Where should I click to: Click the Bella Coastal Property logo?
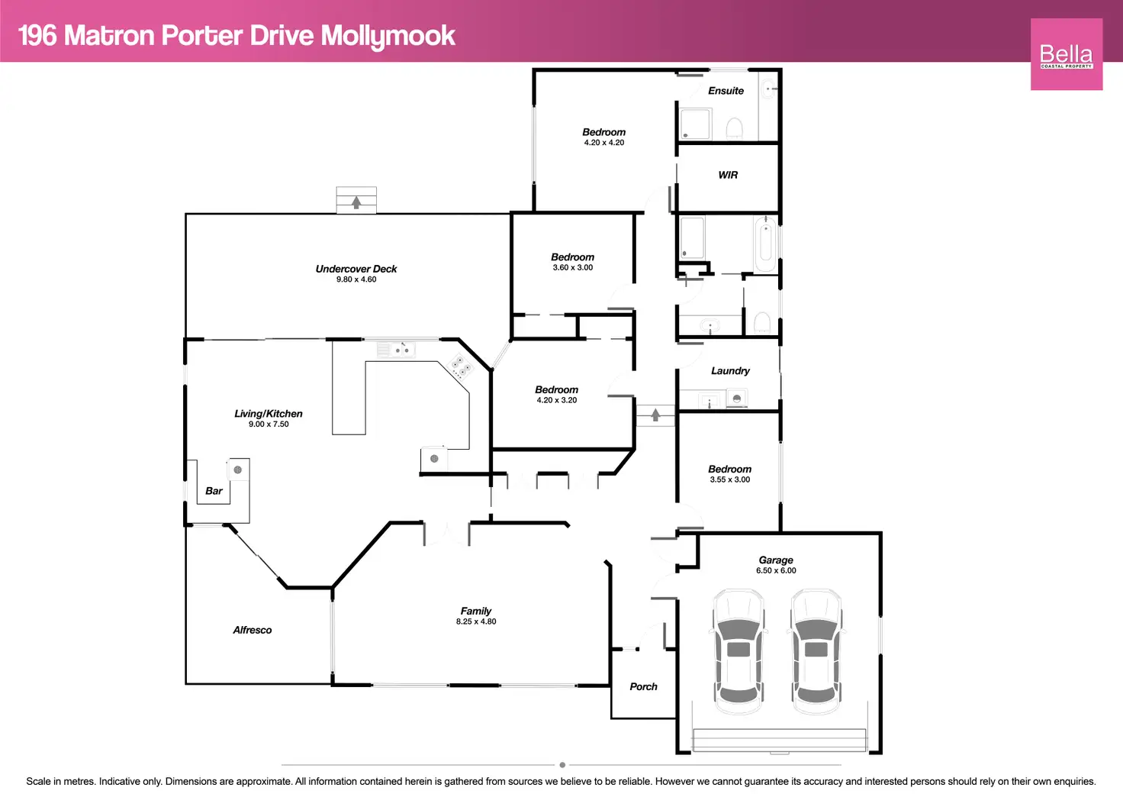click(1066, 54)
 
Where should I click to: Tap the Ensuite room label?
click(726, 91)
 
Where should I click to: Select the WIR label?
click(728, 175)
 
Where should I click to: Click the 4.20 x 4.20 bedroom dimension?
click(603, 143)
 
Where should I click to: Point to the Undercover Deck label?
click(356, 269)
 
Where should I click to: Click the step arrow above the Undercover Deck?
click(356, 202)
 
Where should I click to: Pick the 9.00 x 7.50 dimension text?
click(269, 424)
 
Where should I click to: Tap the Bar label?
click(214, 491)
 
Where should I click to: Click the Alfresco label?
click(253, 630)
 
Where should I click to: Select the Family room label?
click(476, 611)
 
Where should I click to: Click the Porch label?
click(643, 686)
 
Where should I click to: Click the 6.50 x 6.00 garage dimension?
click(776, 571)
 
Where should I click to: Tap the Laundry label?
click(730, 371)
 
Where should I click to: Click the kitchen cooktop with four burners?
click(461, 367)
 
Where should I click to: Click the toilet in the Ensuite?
click(734, 127)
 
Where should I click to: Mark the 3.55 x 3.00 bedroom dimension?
click(729, 480)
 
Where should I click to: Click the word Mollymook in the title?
click(388, 36)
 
